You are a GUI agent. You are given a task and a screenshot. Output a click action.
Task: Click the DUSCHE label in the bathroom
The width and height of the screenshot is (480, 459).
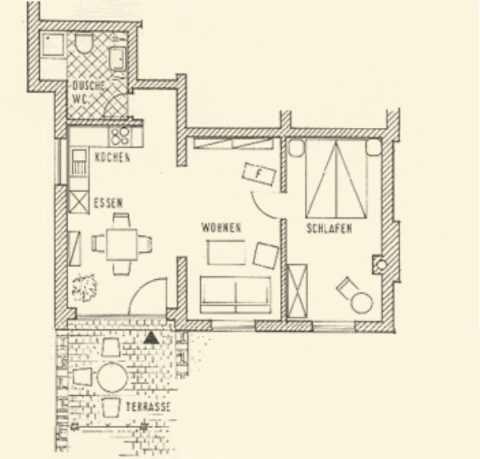(x=85, y=86)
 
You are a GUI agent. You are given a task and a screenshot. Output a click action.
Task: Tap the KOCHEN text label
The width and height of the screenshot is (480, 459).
(x=112, y=158)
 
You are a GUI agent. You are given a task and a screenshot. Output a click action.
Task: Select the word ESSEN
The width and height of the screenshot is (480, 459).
(x=107, y=202)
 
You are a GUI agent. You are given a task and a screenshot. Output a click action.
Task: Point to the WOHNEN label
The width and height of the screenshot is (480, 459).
(x=222, y=229)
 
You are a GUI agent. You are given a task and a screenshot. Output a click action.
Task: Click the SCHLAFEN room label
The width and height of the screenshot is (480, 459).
(x=330, y=229)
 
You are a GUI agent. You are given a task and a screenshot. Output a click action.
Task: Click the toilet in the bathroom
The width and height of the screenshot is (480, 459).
(x=85, y=42)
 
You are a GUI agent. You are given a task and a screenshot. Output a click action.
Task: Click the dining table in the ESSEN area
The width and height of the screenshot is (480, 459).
(x=122, y=241)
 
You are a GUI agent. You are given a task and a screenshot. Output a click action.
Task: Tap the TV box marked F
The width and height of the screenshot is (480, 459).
(x=259, y=172)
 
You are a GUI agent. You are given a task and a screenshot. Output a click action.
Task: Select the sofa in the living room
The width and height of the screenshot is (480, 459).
(x=234, y=294)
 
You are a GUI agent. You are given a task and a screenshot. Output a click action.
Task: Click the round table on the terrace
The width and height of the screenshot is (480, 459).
(x=112, y=377)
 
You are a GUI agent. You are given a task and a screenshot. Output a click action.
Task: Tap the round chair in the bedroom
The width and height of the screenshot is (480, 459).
(x=360, y=301)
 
